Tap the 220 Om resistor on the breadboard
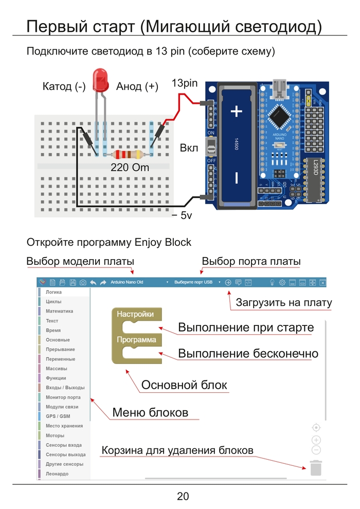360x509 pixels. tap(126, 154)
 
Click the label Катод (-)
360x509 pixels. tap(64, 86)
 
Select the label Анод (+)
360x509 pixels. tap(137, 86)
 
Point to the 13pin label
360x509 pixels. tap(185, 83)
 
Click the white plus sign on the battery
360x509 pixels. tap(237, 111)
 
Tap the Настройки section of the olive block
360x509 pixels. tap(135, 314)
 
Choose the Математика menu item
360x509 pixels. tap(59, 311)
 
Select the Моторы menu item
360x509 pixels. tap(55, 435)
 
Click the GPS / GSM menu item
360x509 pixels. tap(58, 416)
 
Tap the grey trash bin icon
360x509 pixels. tap(316, 468)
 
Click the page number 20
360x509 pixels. tap(183, 496)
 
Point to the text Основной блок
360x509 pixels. tap(184, 385)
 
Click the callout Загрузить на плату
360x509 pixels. tap(283, 303)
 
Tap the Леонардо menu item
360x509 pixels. tap(57, 474)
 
